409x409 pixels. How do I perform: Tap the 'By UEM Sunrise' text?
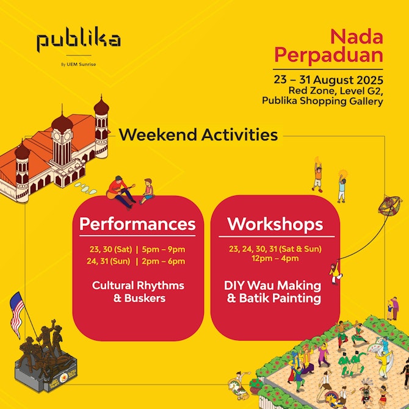pos(79,64)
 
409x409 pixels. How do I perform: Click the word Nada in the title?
pos(357,37)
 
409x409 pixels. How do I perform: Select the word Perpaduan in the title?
pos(328,56)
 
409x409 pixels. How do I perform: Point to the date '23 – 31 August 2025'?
pos(328,80)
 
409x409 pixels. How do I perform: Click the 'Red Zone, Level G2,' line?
pos(336,90)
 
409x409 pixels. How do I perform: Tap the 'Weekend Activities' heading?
pos(198,135)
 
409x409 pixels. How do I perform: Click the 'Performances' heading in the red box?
pos(137,224)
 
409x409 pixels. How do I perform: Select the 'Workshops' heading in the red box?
pos(275,224)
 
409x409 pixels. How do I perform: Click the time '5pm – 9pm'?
pos(164,249)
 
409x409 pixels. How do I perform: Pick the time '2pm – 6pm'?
pos(164,261)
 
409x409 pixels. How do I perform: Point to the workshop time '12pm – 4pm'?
pos(275,258)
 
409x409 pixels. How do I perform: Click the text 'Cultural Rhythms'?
pos(138,285)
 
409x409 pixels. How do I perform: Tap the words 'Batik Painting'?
pos(280,298)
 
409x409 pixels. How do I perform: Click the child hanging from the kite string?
pos(336,272)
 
